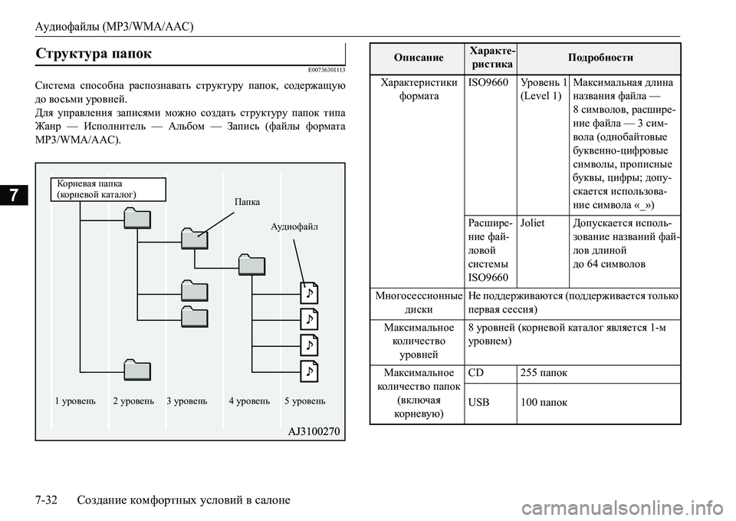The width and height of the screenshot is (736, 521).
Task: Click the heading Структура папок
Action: click(x=94, y=53)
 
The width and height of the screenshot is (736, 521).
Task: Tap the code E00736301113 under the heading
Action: click(x=320, y=70)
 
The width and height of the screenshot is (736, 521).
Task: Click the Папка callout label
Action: click(x=246, y=202)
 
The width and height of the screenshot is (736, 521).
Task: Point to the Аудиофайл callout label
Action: click(x=295, y=227)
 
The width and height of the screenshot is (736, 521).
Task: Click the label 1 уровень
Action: click(x=75, y=401)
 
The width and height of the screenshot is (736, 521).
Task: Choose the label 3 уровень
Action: click(x=186, y=401)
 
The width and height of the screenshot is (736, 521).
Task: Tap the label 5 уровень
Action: click(x=304, y=401)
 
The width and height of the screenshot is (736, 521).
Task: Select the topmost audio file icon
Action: click(x=308, y=292)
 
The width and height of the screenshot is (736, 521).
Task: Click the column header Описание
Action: click(x=419, y=58)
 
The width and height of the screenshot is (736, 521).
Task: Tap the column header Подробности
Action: click(x=600, y=58)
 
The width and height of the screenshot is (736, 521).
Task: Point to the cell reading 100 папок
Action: click(x=543, y=403)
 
